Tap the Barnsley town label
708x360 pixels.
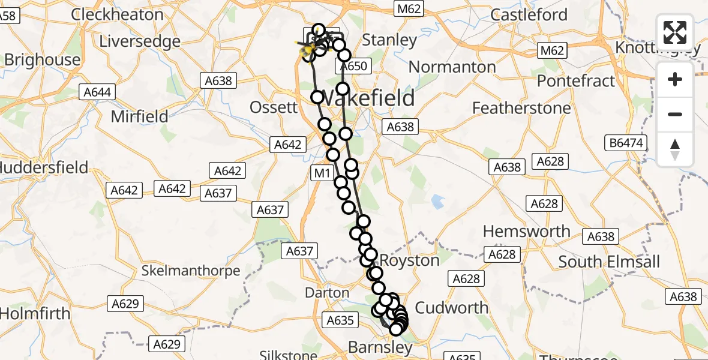[380, 347]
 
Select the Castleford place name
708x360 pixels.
[529, 15]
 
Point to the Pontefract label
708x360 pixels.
[576, 80]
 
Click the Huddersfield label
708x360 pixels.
[43, 167]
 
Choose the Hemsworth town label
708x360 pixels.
[527, 231]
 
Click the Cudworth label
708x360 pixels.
[452, 308]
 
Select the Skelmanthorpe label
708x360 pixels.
[191, 271]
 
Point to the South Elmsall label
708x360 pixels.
[609, 262]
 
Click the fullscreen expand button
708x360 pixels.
[675, 32]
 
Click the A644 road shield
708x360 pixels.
[97, 92]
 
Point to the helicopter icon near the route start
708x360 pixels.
[307, 47]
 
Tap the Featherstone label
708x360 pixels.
[521, 108]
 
